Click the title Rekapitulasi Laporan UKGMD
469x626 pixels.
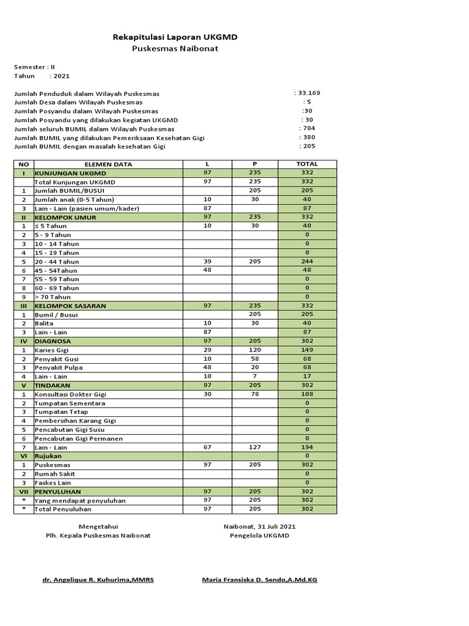[175, 37]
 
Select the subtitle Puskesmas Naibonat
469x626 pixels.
[175, 49]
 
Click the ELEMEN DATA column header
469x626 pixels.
[108, 164]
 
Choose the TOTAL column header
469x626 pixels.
[307, 164]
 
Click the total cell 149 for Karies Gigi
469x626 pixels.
[307, 350]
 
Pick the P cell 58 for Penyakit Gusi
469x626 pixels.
[255, 359]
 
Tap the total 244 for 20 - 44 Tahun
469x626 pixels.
[307, 261]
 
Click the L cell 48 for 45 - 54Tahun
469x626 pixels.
[207, 270]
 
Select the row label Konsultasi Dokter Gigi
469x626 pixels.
[70, 394]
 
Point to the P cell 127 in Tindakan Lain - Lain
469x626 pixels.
[255, 447]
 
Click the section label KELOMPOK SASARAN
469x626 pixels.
[70, 306]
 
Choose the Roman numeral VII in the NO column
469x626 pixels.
[24, 492]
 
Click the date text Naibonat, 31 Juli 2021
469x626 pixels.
[260, 526]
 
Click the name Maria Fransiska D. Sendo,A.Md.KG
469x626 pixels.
[260, 580]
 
